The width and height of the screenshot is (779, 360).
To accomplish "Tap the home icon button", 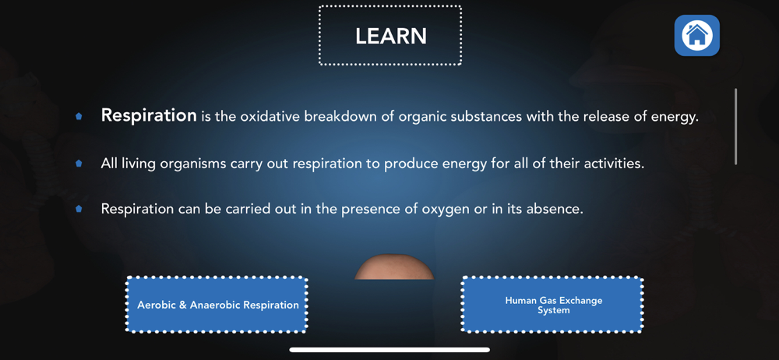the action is (x=696, y=35).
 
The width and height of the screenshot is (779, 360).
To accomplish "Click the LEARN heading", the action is (x=390, y=36).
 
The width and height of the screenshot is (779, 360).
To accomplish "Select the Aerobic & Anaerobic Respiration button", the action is (x=217, y=305).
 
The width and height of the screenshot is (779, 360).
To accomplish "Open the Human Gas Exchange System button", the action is (x=552, y=305).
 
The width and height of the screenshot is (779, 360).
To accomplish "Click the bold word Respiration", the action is (x=149, y=116).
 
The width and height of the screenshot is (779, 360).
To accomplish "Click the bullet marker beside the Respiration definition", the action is (x=79, y=117).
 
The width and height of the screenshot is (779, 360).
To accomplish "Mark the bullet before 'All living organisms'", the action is (x=79, y=163).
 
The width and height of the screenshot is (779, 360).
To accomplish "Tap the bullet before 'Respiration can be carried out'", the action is (x=79, y=209).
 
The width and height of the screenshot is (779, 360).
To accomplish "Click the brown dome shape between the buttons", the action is (x=394, y=267).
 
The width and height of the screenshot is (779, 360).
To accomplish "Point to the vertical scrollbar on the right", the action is (x=736, y=127).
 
